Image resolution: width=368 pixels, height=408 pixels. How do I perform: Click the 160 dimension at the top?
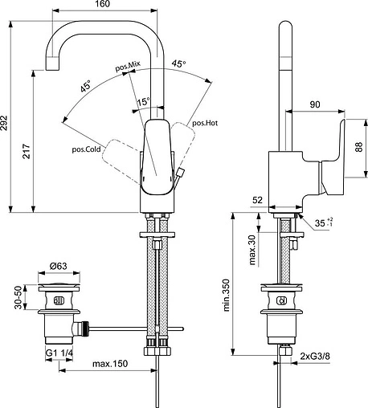pyautogui.click(x=102, y=6)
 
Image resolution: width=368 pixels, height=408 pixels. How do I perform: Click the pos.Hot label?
pyautogui.click(x=204, y=123)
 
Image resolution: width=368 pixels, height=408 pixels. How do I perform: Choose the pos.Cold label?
pyautogui.click(x=85, y=149)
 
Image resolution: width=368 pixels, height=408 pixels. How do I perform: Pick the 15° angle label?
pyautogui.click(x=142, y=102)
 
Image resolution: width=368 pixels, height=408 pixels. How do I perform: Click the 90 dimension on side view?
pyautogui.click(x=315, y=104)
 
